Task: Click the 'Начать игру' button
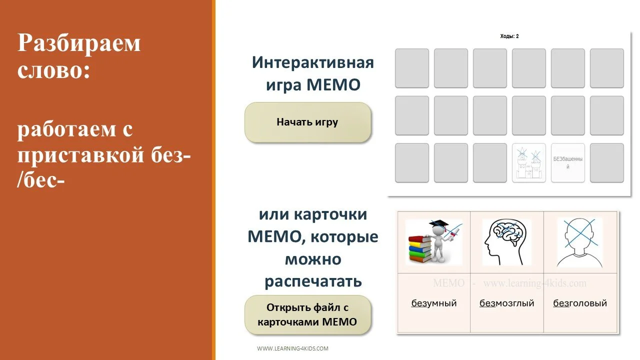[307, 122]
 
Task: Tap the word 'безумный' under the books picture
[434, 303]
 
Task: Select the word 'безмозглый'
[507, 303]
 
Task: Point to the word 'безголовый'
[580, 303]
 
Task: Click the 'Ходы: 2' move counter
[509, 36]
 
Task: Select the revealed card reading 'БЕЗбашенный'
[567, 162]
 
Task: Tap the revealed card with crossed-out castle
[528, 162]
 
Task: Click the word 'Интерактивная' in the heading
[312, 62]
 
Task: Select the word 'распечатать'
[312, 281]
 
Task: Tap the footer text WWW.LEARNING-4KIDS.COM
[292, 348]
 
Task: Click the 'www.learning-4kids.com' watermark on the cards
[534, 283]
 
